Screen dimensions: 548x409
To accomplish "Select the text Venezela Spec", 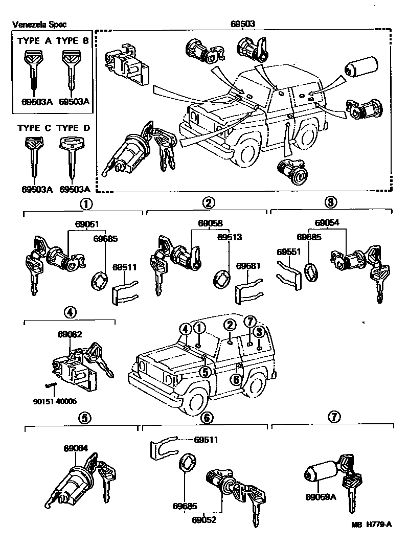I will point(39,25).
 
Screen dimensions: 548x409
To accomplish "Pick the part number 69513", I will point(229,237).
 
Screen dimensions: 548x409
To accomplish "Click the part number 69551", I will point(287,252).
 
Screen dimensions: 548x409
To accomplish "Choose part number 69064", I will point(76,448).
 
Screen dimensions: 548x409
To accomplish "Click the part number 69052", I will point(204,520).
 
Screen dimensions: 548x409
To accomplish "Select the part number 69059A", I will point(321,496).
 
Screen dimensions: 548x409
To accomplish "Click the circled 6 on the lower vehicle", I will point(236,379).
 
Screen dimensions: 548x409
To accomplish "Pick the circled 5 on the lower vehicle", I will point(204,372).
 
